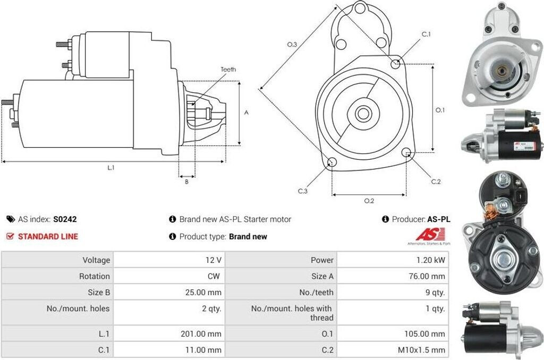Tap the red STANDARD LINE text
click(48, 236)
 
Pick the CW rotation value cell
click(214, 276)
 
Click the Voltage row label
click(96, 260)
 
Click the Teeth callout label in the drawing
click(228, 70)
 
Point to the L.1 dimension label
click(111, 168)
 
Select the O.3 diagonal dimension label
click(292, 45)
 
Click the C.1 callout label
click(426, 35)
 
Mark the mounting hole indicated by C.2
click(407, 153)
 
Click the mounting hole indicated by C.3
click(331, 162)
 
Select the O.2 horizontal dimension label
click(369, 201)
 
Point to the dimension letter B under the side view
click(186, 182)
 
